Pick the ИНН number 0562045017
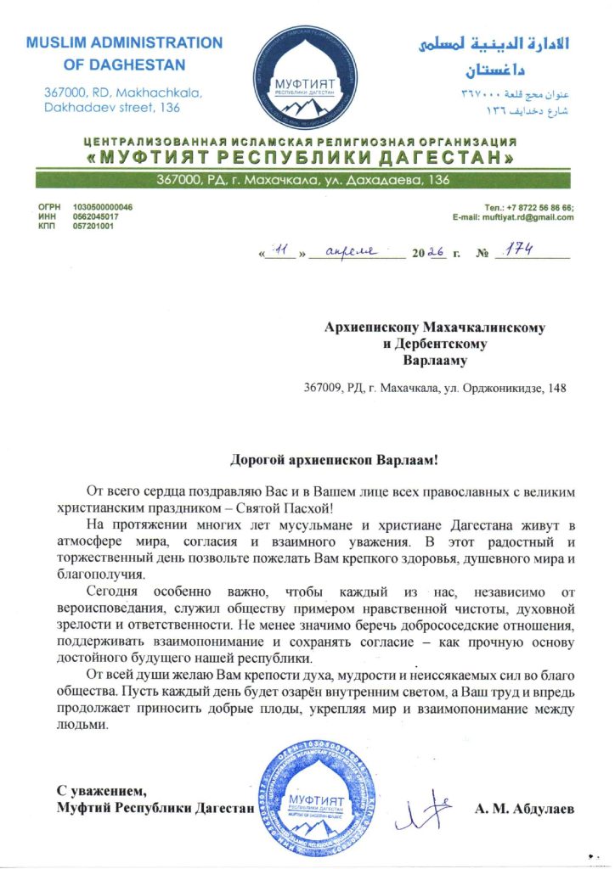click(95, 217)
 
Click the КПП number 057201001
click(93, 227)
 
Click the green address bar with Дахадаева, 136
click(307, 180)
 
